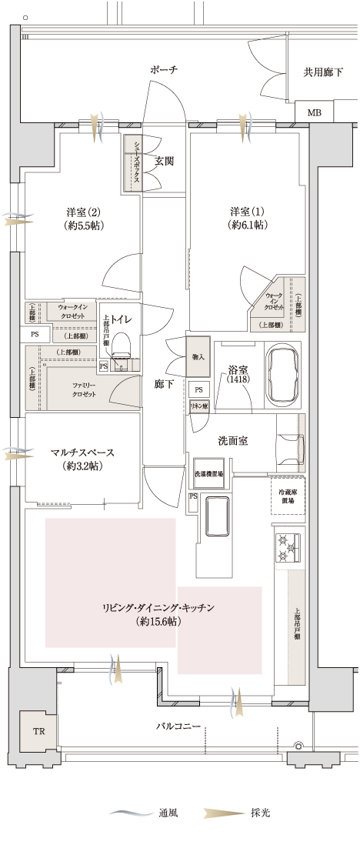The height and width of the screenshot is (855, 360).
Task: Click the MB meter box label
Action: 315,113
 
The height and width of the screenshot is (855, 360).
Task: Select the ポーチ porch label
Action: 164,70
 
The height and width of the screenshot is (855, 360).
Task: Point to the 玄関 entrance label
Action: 164,162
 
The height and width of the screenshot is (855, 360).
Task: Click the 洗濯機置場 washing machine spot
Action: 208,474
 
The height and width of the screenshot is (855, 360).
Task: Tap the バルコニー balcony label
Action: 178,726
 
